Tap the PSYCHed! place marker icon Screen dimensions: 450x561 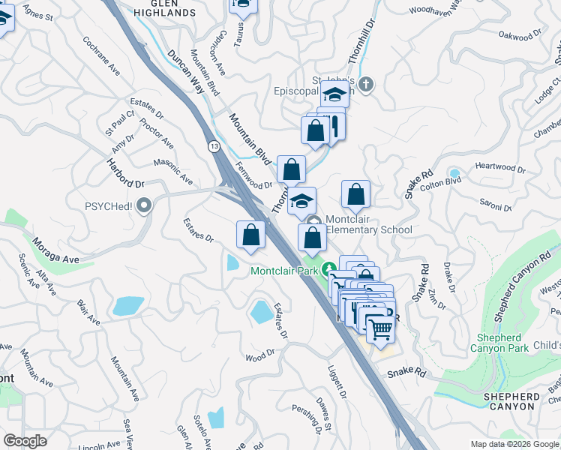(x=145, y=205)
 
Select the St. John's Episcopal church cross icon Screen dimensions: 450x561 (x=365, y=82)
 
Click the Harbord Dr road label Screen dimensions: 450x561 (x=125, y=173)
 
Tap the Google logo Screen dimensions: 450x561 (x=25, y=441)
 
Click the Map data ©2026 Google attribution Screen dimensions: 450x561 (x=514, y=444)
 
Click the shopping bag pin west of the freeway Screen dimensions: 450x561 (x=250, y=235)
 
